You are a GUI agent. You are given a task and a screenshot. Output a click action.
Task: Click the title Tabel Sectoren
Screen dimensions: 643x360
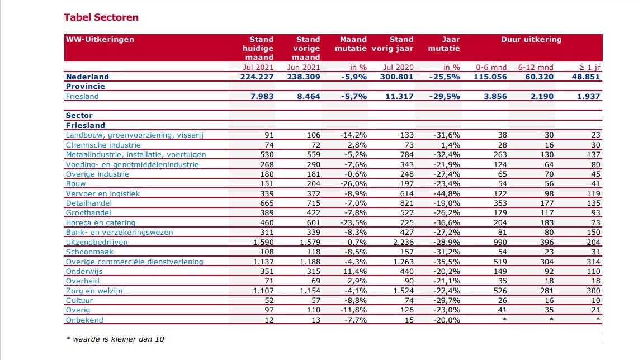coord(101,17)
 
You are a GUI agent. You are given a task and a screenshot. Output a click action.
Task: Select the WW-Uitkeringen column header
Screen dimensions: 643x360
coord(100,39)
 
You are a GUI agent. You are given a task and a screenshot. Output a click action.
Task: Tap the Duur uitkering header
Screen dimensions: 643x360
coord(531,39)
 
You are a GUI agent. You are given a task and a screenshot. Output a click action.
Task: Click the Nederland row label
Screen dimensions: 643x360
coord(87,77)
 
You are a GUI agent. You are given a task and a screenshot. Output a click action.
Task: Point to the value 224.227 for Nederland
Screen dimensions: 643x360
coord(257,77)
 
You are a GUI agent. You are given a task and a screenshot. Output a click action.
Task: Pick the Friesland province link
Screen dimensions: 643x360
coord(82,96)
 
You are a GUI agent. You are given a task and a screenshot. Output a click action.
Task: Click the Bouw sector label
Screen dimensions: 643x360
coord(76,184)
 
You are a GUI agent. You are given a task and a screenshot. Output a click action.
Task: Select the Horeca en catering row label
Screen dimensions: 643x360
coord(101,222)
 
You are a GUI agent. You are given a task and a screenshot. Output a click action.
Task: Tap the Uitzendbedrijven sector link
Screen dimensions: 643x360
coord(97,242)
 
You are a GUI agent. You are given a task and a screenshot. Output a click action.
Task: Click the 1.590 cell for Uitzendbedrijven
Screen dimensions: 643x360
coord(263,242)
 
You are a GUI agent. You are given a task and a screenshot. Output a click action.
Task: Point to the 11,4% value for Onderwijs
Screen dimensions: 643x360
coord(354,272)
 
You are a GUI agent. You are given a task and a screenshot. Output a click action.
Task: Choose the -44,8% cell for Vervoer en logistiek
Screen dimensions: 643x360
coord(447,193)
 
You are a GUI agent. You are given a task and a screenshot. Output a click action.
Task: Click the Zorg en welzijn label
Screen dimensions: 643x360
coord(94,291)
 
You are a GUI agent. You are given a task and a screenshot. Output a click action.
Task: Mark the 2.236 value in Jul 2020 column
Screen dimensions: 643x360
coord(404,242)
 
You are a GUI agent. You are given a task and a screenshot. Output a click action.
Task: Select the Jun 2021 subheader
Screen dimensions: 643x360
coord(304,67)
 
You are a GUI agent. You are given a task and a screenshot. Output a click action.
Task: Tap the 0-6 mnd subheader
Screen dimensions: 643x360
coord(491,67)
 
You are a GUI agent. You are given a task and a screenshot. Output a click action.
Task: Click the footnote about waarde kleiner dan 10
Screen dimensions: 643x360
coord(115,339)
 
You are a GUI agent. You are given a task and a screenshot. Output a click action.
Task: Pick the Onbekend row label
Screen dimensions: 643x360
coord(84,320)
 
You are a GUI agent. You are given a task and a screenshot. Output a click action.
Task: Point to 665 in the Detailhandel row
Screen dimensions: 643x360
coord(267,203)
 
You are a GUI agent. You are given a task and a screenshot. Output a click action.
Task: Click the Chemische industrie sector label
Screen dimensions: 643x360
coord(103,145)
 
